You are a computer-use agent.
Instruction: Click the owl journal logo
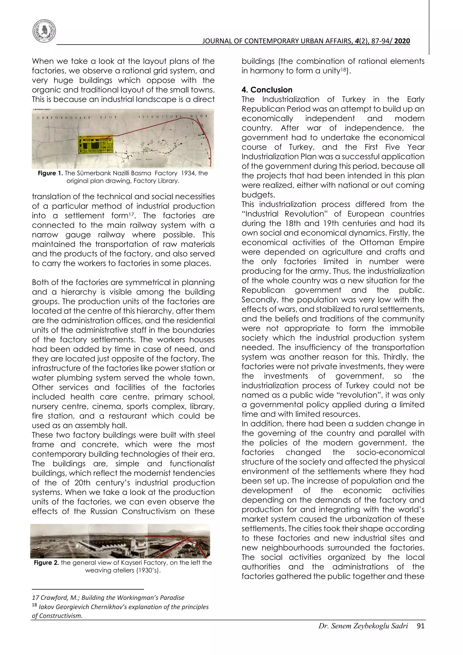click(x=44, y=31)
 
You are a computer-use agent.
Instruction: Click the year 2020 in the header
click(x=402, y=41)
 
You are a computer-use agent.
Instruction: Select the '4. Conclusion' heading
click(x=267, y=90)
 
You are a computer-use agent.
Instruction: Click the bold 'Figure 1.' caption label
click(x=51, y=173)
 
